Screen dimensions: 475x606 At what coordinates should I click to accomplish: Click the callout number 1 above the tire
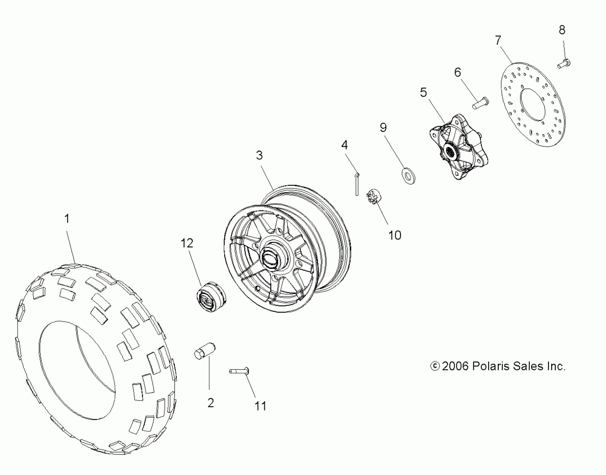(x=67, y=219)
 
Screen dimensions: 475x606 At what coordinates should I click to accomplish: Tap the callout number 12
(x=187, y=243)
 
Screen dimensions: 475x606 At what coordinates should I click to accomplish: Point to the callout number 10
(x=395, y=235)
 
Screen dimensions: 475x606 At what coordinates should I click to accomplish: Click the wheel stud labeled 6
(x=481, y=103)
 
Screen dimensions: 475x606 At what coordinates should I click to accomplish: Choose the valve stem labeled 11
(x=239, y=371)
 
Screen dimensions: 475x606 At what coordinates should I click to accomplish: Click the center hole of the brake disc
(x=533, y=105)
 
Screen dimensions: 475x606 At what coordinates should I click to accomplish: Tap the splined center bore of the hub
(x=450, y=152)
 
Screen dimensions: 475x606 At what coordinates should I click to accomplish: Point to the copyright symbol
(x=435, y=366)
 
